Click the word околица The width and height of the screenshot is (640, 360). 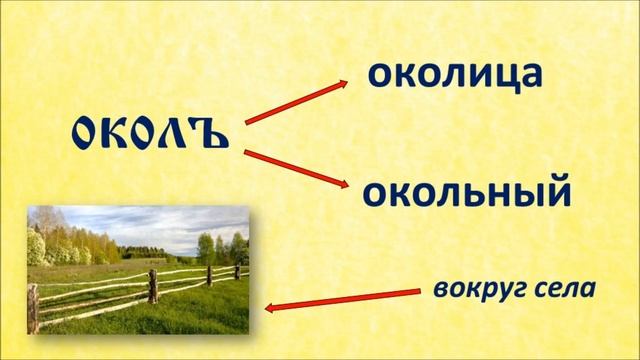click(455, 74)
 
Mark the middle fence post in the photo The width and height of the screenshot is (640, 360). click(153, 286)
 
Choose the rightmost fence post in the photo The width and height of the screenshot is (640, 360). click(236, 270)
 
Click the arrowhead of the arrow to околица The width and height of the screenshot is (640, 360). click(351, 85)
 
